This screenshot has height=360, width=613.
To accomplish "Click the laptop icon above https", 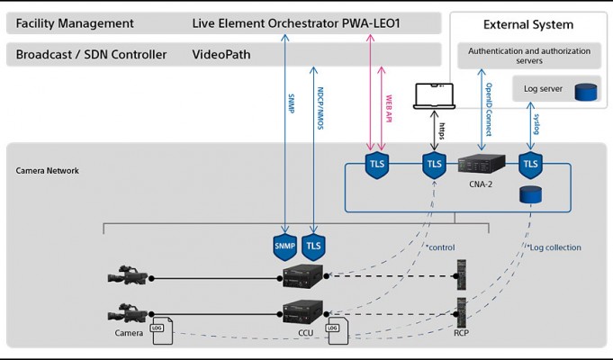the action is [x=434, y=95].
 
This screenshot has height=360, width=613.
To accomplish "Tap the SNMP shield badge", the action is [x=285, y=247].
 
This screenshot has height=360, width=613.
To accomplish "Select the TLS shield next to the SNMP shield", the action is [x=313, y=247].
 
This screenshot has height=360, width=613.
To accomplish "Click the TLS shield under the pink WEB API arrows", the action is [x=377, y=165].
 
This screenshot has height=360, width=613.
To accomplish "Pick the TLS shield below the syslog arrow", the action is [x=530, y=165].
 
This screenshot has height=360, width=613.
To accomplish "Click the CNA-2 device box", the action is [x=482, y=164].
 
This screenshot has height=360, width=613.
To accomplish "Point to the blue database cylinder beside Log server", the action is [x=586, y=92].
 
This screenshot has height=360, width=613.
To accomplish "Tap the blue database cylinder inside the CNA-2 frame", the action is [x=530, y=194].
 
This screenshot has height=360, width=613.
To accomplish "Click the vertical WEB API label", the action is [x=389, y=108].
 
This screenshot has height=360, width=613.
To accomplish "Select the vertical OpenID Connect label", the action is [x=489, y=110].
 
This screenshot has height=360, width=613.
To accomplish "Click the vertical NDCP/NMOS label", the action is [x=320, y=108].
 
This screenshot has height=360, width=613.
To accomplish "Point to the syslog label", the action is [x=536, y=124].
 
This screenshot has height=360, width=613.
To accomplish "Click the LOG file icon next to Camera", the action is [x=162, y=330].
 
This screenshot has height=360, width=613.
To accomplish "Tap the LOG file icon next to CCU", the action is [x=338, y=330].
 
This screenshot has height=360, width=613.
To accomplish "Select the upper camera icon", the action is [x=128, y=275].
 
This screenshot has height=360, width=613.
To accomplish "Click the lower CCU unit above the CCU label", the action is [x=303, y=311].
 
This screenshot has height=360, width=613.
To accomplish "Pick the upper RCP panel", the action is [x=462, y=274].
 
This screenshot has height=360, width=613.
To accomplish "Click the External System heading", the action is [x=528, y=24].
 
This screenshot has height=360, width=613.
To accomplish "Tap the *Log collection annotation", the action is [x=554, y=247].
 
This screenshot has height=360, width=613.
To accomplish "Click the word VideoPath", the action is [x=221, y=54].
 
